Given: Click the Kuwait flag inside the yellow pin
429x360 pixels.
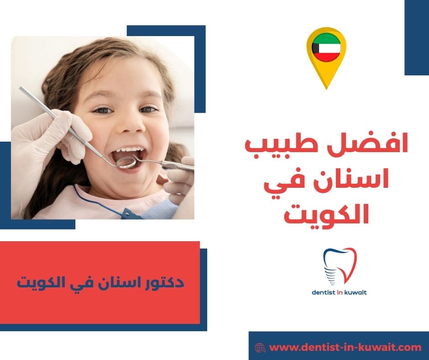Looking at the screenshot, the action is click(x=326, y=48).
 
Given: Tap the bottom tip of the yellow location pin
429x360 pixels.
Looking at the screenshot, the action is click(x=326, y=89).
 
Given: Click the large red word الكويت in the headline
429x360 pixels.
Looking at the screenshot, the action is click(x=326, y=213).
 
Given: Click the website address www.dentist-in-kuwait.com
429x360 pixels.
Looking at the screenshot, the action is click(x=345, y=347).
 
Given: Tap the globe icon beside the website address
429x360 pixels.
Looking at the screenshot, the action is click(x=260, y=348).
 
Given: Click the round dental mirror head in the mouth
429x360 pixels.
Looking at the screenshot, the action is click(x=126, y=162).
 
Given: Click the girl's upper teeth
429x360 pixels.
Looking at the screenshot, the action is click(x=129, y=149).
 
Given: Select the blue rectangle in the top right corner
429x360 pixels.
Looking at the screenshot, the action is click(x=417, y=37).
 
